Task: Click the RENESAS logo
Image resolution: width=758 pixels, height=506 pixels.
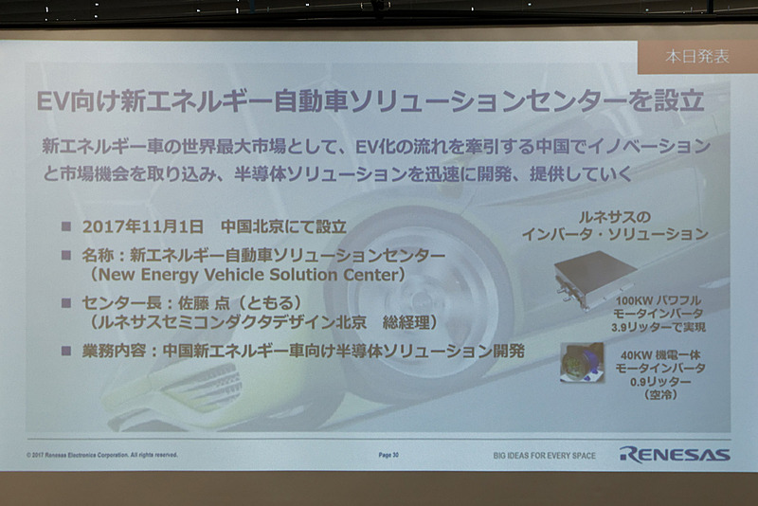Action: click(675, 454)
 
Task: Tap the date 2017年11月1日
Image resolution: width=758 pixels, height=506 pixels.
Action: click(142, 228)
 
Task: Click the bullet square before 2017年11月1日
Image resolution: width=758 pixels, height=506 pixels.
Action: click(66, 228)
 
